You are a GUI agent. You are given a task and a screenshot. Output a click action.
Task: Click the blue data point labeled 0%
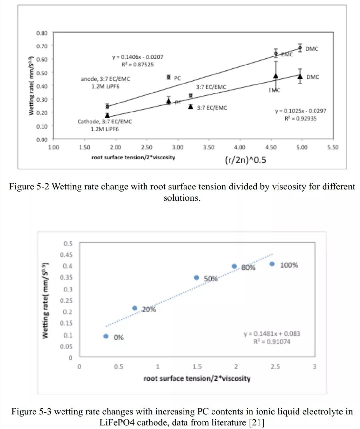click(106, 336)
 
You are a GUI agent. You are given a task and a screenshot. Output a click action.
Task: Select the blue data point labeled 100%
click(272, 264)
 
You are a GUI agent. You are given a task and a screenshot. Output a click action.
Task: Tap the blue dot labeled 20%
click(135, 308)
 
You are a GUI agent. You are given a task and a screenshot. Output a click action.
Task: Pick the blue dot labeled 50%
click(197, 278)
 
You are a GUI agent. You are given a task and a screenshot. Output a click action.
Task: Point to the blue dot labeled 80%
click(234, 266)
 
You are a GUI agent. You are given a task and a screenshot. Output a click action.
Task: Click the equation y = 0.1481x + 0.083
click(272, 334)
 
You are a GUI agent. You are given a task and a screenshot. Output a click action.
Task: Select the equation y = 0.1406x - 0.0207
click(138, 57)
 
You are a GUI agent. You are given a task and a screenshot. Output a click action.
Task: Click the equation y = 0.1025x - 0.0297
click(300, 111)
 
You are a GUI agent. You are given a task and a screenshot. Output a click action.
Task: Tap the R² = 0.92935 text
click(300, 118)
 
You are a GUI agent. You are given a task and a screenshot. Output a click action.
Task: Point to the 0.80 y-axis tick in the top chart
click(42, 33)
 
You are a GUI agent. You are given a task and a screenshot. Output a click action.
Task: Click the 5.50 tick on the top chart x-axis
click(332, 147)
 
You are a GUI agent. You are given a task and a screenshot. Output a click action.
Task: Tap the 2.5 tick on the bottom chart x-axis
click(275, 367)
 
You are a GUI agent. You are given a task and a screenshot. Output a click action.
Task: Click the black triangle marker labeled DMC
click(300, 76)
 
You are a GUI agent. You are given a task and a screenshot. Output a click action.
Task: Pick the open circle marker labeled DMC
click(300, 48)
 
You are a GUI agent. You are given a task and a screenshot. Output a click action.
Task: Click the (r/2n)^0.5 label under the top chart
click(246, 160)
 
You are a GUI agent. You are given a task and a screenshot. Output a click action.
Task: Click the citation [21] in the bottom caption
click(256, 423)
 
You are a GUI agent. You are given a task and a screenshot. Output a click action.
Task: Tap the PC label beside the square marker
click(177, 78)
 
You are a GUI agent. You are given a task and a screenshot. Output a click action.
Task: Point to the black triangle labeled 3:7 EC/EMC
click(191, 107)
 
